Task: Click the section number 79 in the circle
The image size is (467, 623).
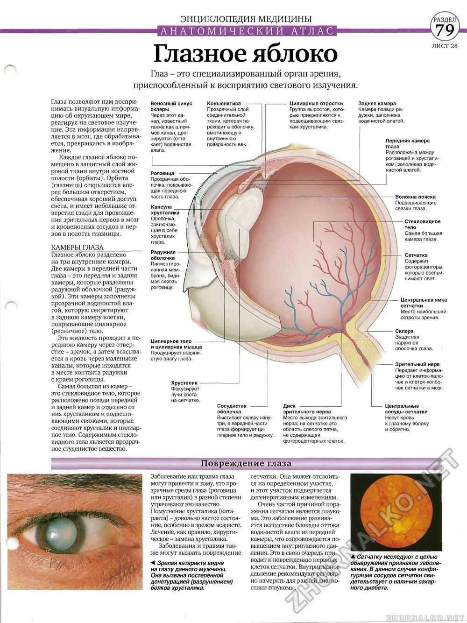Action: [446, 31]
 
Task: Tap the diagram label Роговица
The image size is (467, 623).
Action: [162, 173]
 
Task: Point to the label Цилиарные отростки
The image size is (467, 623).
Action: [316, 104]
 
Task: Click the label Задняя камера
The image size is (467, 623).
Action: [377, 104]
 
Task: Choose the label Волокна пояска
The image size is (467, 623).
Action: [415, 197]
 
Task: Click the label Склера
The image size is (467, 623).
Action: [404, 331]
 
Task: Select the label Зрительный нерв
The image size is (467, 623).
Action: [417, 364]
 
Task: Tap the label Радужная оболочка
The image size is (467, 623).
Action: [163, 255]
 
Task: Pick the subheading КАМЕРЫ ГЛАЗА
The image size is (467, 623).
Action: [77, 247]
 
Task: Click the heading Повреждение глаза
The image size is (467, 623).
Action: [246, 463]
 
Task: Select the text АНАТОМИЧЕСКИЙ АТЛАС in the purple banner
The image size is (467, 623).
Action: [246, 31]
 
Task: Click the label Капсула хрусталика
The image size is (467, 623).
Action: [161, 210]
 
